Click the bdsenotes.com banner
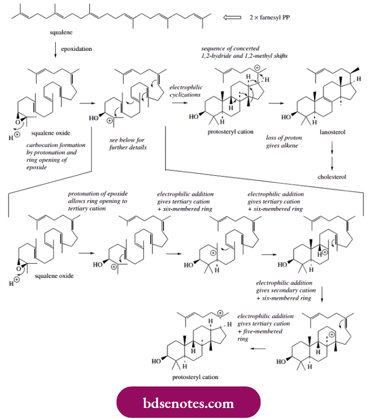[188, 403]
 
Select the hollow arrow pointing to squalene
[233, 17]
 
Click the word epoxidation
[78, 49]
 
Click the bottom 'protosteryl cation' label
[195, 377]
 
